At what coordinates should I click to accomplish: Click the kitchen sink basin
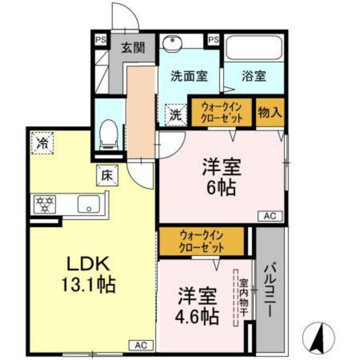[85, 204]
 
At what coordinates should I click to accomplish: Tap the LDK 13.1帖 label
[90, 274]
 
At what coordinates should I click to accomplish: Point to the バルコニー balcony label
[270, 289]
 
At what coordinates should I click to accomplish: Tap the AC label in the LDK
[141, 343]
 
